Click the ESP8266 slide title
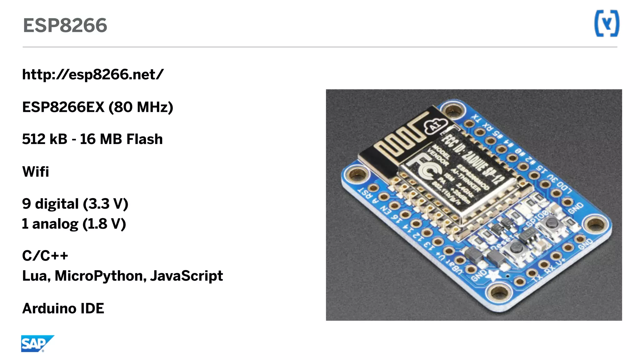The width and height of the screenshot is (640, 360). point(65,25)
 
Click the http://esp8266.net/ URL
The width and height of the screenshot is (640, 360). point(93,74)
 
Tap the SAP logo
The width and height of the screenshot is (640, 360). point(37,344)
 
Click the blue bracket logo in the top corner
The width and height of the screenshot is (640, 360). point(607,23)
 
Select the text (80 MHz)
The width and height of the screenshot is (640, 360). point(141,107)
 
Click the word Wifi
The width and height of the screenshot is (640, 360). point(36,172)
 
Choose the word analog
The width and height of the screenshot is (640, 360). point(55,224)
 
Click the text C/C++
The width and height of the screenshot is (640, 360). point(45,256)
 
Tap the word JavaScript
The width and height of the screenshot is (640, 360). point(186,276)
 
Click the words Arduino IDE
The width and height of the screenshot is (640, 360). point(63,309)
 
